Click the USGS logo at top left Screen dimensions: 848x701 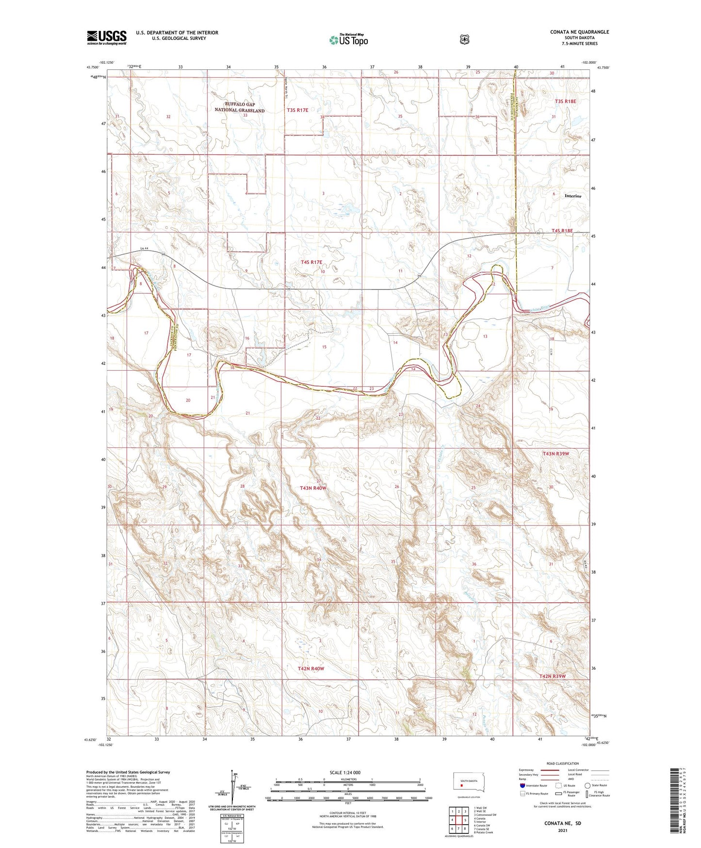point(107,37)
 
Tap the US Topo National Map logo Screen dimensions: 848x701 point(348,40)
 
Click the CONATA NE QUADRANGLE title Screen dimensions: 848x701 point(579,32)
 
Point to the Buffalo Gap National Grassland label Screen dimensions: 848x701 point(240,107)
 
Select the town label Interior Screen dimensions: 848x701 point(572,196)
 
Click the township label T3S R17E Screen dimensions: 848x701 point(297,110)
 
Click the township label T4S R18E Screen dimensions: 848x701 point(562,231)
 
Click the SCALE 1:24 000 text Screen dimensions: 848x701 point(345,772)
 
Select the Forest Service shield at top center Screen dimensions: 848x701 point(465,39)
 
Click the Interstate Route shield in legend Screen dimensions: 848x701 point(522,785)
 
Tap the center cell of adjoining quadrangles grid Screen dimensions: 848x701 point(458,822)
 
